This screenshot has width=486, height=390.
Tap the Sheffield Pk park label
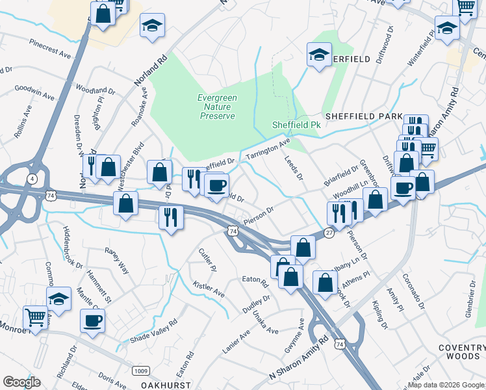pyautogui.click(x=296, y=125)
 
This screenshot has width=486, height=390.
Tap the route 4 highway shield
pyautogui.click(x=31, y=178)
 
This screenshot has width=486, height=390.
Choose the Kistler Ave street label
pyautogui.click(x=209, y=289)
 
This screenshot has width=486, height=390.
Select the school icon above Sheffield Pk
pyautogui.click(x=319, y=54)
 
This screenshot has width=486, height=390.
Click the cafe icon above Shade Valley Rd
pyautogui.click(x=92, y=320)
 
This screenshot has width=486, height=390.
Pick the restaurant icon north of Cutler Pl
pyautogui.click(x=170, y=215)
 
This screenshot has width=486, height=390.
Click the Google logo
pyautogui.click(x=21, y=382)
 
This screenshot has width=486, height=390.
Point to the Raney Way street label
pyautogui.click(x=117, y=252)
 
